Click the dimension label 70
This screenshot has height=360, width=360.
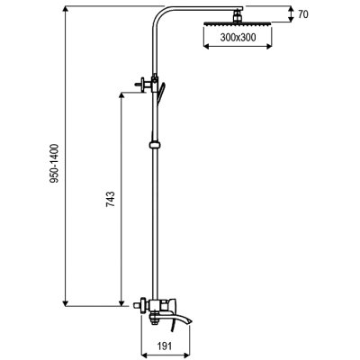pos(303,14)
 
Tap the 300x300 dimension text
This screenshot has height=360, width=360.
pos(238,38)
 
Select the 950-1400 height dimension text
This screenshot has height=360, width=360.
pos(54,164)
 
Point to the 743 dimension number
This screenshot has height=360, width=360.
pos(111,199)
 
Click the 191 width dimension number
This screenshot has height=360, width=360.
pos(165,346)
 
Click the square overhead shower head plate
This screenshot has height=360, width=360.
pos(238,23)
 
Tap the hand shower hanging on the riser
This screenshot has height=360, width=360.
pos(160,94)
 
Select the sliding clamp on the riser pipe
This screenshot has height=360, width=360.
pos(155,145)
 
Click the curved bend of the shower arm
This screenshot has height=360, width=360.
pos(160,15)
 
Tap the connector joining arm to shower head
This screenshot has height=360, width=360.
pos(238,15)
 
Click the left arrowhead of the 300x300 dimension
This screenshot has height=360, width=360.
pos(207,46)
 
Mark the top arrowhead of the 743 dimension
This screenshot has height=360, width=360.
pos(121,95)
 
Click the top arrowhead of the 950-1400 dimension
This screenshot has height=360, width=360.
pos(67,10)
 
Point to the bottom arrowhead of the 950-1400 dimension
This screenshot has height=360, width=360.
pos(67,303)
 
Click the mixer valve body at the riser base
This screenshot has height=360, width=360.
pos(164,305)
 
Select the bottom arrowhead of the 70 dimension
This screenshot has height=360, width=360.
pos(291,19)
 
